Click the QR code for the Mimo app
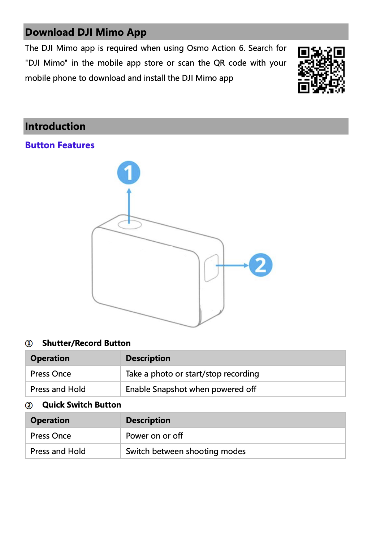coord(321,70)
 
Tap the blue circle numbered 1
coord(129,173)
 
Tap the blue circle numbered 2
coord(260,265)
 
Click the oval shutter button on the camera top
coord(130,224)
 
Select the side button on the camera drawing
coord(211,268)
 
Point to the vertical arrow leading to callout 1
coord(129,204)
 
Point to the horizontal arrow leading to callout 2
coord(233,265)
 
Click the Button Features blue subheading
coord(60,145)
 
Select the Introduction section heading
coord(55,126)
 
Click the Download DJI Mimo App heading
coord(86,32)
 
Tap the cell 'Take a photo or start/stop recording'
coord(192,374)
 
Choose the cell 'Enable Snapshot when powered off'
coord(191,389)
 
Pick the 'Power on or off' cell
coord(154,436)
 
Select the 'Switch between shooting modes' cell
coord(186,451)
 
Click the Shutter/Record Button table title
coord(86,343)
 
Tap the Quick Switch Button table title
coord(82,405)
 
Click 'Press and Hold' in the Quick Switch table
coord(58,451)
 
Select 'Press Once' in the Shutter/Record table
coord(51,374)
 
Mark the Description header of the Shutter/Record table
coord(148,358)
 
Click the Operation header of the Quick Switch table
coord(50,420)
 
